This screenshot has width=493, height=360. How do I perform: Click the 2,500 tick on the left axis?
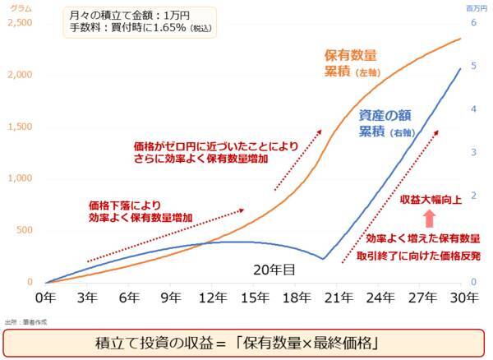click(x=18, y=22)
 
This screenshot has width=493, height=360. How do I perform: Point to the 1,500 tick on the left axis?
click(x=18, y=127)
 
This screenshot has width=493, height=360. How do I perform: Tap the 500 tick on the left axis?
click(x=22, y=231)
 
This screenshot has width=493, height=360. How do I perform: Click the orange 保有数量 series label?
click(x=350, y=56)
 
